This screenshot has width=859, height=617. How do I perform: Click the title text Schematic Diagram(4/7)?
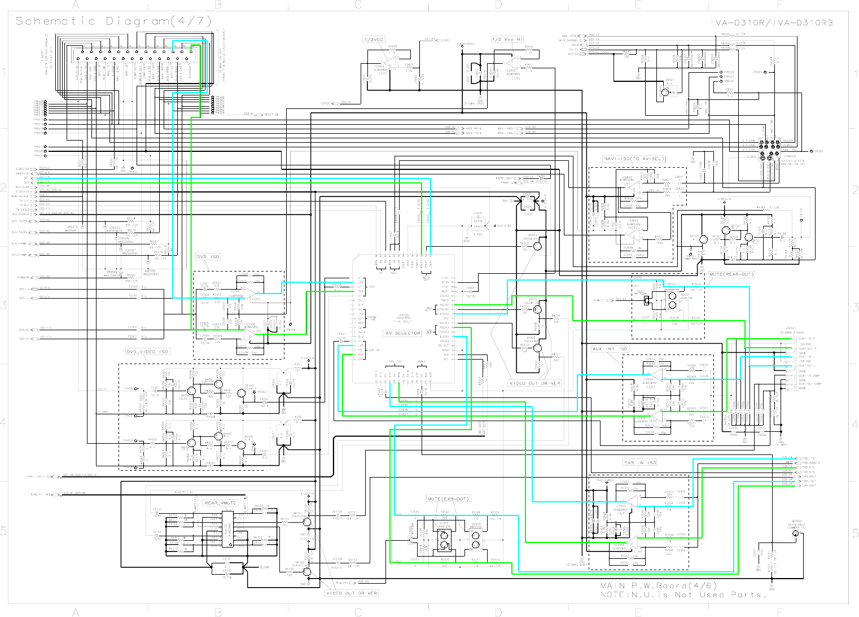click(x=113, y=21)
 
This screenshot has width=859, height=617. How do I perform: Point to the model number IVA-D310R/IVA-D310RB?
click(x=772, y=23)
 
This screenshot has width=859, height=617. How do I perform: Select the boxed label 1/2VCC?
click(x=374, y=40)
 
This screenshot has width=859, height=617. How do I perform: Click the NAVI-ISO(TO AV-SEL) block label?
click(x=634, y=159)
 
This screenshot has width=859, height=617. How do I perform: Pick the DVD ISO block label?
click(x=208, y=257)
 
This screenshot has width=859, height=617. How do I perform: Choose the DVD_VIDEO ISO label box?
click(x=147, y=352)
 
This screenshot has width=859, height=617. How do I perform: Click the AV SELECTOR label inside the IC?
click(x=403, y=334)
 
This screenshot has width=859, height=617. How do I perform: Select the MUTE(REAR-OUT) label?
click(x=731, y=274)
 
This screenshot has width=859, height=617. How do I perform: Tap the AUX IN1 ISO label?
click(x=610, y=349)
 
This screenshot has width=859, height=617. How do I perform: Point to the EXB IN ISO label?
click(x=640, y=463)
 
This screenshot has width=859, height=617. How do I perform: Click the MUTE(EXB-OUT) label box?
click(x=448, y=499)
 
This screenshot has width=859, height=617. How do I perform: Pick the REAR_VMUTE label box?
click(x=221, y=503)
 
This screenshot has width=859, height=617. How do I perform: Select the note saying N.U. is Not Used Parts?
click(x=683, y=594)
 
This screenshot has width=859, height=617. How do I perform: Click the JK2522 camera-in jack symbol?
click(x=795, y=534)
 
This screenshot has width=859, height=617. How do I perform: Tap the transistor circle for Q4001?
click(x=537, y=246)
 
